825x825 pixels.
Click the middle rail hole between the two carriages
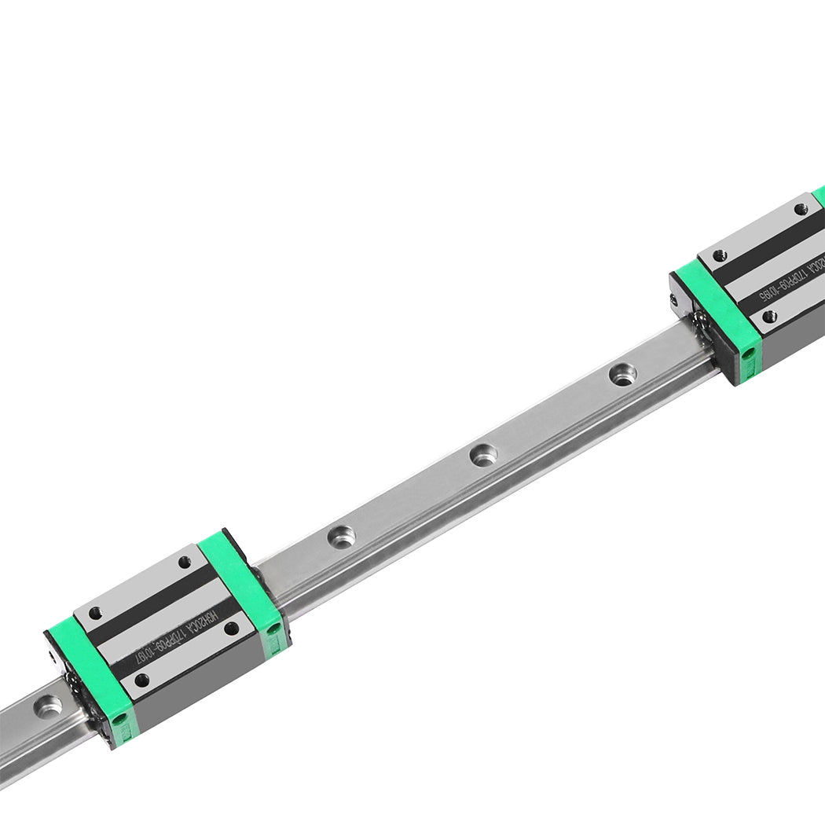pyautogui.click(x=482, y=454)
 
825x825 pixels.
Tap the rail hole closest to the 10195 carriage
pyautogui.click(x=621, y=374)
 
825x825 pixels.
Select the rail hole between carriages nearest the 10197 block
pyautogui.click(x=341, y=537)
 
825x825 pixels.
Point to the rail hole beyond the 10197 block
pyautogui.click(x=48, y=706)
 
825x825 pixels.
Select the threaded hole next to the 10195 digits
pyautogui.click(x=769, y=316)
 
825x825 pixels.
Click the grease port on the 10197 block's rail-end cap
pyautogui.click(x=119, y=719)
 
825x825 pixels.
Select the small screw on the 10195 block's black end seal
pyautogui.click(x=674, y=299)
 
